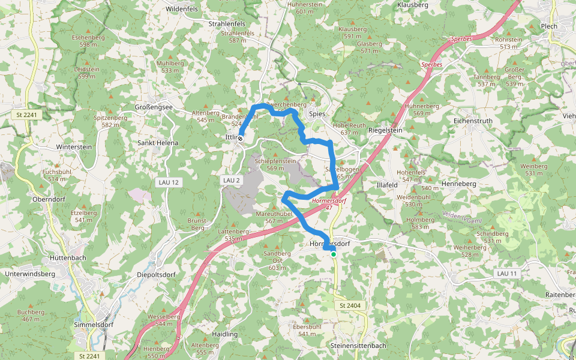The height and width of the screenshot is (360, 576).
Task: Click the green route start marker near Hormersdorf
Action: coord(334,254)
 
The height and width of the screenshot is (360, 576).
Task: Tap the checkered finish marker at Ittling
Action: coord(240,138)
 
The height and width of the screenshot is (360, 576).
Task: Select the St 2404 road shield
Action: coord(349,306)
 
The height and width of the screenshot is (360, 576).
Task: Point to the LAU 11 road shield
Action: coord(506,273)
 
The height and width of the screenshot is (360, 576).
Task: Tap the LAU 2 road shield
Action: coord(231,180)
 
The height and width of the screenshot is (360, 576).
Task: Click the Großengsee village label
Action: coord(153,107)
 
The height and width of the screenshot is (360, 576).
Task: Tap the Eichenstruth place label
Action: coord(473,121)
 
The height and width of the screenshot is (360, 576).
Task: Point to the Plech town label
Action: coord(548,26)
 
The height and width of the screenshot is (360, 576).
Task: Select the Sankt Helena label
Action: coord(158,143)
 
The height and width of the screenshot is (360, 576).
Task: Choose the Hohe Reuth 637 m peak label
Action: coord(349,128)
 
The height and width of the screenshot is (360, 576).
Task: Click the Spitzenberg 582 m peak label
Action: coord(110,121)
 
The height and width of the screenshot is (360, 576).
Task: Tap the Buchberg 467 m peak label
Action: coord(31,316)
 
